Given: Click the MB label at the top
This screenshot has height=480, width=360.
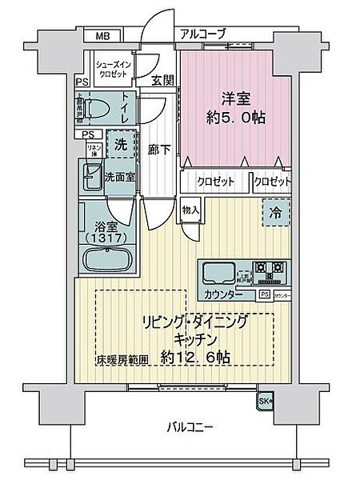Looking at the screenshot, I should tap(103, 35).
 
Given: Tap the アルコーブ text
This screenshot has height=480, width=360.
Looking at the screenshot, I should tap(203, 34).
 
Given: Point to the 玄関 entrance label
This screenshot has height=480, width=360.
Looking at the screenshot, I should tap(162, 80).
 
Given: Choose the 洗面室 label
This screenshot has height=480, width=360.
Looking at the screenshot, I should tap(119, 177).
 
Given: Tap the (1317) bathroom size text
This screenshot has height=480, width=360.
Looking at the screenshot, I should tap(105, 238).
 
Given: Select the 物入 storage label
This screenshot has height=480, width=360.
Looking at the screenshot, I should tap(190, 210).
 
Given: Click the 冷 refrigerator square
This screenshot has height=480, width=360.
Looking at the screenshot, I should tap(274, 214).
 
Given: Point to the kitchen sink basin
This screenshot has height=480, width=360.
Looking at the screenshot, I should tap(218, 274).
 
